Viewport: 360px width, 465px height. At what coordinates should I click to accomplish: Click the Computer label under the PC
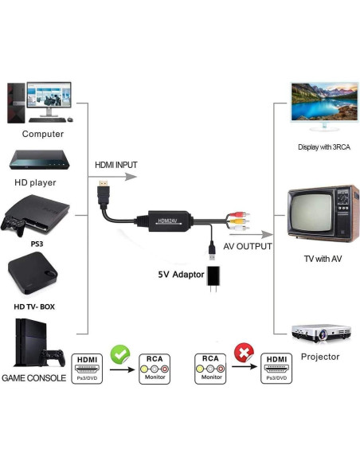pos(43,134)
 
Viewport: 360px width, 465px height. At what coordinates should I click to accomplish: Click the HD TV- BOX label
pos(34,307)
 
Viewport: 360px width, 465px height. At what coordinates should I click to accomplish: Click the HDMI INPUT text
pos(116,165)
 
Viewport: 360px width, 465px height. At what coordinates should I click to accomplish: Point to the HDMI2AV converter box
pos(167,219)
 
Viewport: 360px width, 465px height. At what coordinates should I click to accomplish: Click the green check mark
pos(119,353)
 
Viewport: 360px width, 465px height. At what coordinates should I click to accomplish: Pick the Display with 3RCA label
pos(324,147)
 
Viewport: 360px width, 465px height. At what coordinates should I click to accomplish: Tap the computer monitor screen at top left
pos(49,98)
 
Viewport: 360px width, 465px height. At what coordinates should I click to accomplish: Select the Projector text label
pos(320,356)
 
